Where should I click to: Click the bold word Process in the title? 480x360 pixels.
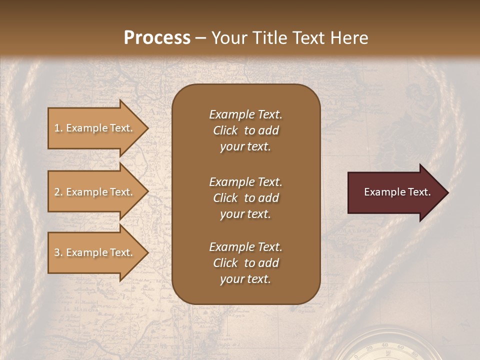coord(157,37)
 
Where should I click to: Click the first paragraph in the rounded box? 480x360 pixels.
coord(245,130)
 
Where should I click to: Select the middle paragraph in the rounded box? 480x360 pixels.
coord(245,198)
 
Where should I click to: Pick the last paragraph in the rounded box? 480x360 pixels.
coord(245,263)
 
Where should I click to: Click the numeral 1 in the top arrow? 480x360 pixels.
coord(57,128)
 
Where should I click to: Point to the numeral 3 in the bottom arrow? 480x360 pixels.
coord(57,252)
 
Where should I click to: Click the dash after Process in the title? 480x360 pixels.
coord(201,38)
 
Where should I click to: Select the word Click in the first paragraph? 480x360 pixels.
coord(225,130)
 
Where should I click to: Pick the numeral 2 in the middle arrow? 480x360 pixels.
coord(57,192)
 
